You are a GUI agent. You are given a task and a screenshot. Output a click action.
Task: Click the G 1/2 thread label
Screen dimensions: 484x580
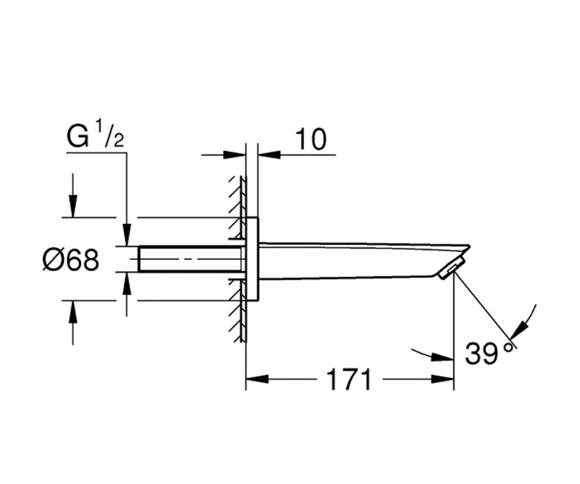click(x=95, y=137)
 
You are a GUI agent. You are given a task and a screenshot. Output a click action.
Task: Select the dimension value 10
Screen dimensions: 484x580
click(x=311, y=139)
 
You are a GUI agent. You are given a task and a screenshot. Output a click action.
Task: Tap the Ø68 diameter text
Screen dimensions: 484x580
click(x=71, y=260)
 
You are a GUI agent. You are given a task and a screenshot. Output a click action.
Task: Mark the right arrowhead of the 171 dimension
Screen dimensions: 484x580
click(x=445, y=380)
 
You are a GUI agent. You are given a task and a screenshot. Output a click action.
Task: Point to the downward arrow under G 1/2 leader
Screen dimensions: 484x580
click(x=127, y=235)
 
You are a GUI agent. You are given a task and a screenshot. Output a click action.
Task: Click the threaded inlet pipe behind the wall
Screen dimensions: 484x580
click(x=190, y=259)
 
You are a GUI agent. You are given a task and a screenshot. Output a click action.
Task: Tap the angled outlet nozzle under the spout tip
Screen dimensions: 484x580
click(x=449, y=270)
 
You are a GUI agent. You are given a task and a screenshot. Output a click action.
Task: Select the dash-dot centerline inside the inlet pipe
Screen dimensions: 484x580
click(x=186, y=259)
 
